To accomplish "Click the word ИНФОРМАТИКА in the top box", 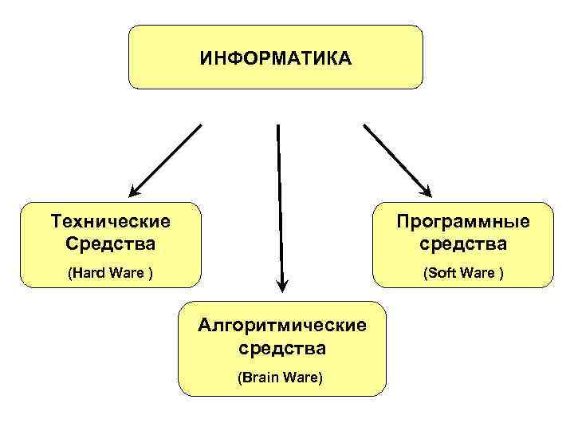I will point(275,58).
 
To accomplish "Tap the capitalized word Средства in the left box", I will point(110,242).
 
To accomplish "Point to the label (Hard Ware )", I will point(110,273).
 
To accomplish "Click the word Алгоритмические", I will point(282,325).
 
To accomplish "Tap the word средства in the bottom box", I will point(282,348).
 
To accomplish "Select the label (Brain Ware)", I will point(281,377).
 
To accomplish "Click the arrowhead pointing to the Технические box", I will point(135,190).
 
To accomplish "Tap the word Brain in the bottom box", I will point(260,377).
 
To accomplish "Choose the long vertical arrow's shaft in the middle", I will point(279,200).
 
